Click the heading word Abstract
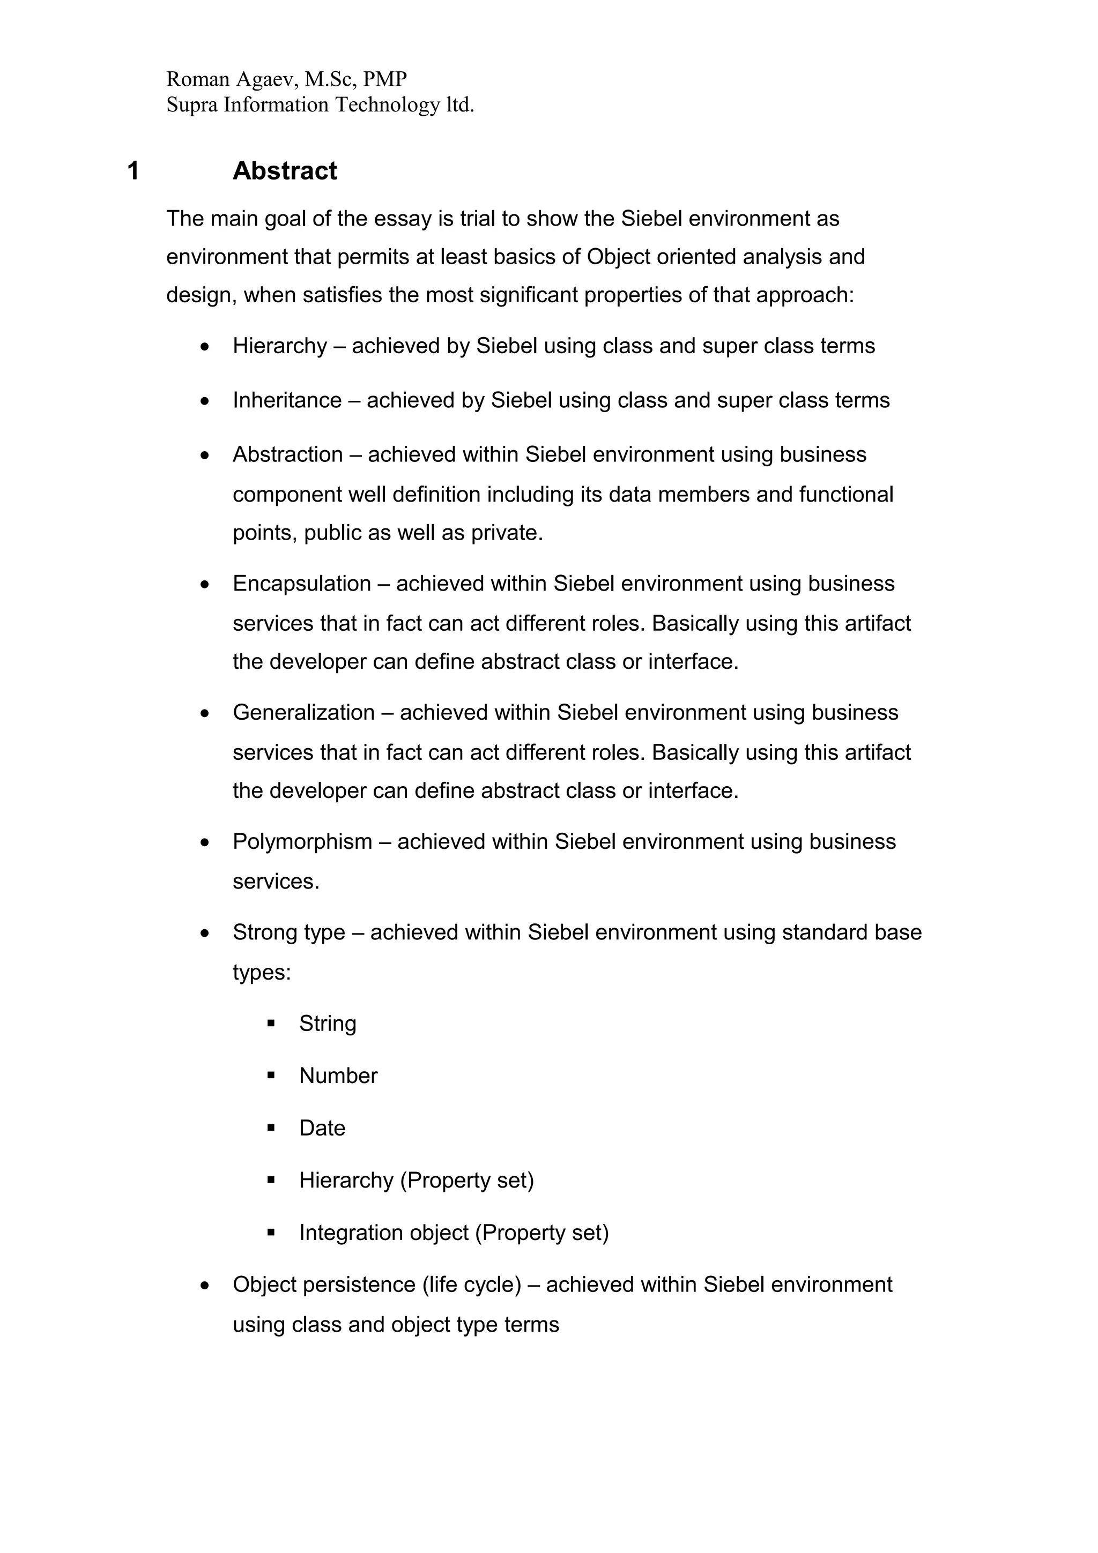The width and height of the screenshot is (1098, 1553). pyautogui.click(x=284, y=170)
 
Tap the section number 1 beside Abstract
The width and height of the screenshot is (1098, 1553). pyautogui.click(x=133, y=171)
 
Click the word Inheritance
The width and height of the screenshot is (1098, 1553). pyautogui.click(x=287, y=400)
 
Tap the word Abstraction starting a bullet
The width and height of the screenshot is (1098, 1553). pyautogui.click(x=287, y=454)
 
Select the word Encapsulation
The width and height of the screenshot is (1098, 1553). pyautogui.click(x=302, y=584)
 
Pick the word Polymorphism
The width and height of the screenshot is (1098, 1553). pyautogui.click(x=302, y=841)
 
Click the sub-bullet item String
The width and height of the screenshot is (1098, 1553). pyautogui.click(x=328, y=1024)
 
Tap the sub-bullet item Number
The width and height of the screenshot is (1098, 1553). pyautogui.click(x=338, y=1076)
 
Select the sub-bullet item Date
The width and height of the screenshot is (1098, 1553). pyautogui.click(x=322, y=1128)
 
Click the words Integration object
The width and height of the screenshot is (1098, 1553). pyautogui.click(x=383, y=1233)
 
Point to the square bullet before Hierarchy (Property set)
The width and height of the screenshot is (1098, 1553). pyautogui.click(x=271, y=1181)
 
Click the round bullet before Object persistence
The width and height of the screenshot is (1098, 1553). pyautogui.click(x=205, y=1285)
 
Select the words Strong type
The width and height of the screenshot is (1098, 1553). pyautogui.click(x=289, y=933)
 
